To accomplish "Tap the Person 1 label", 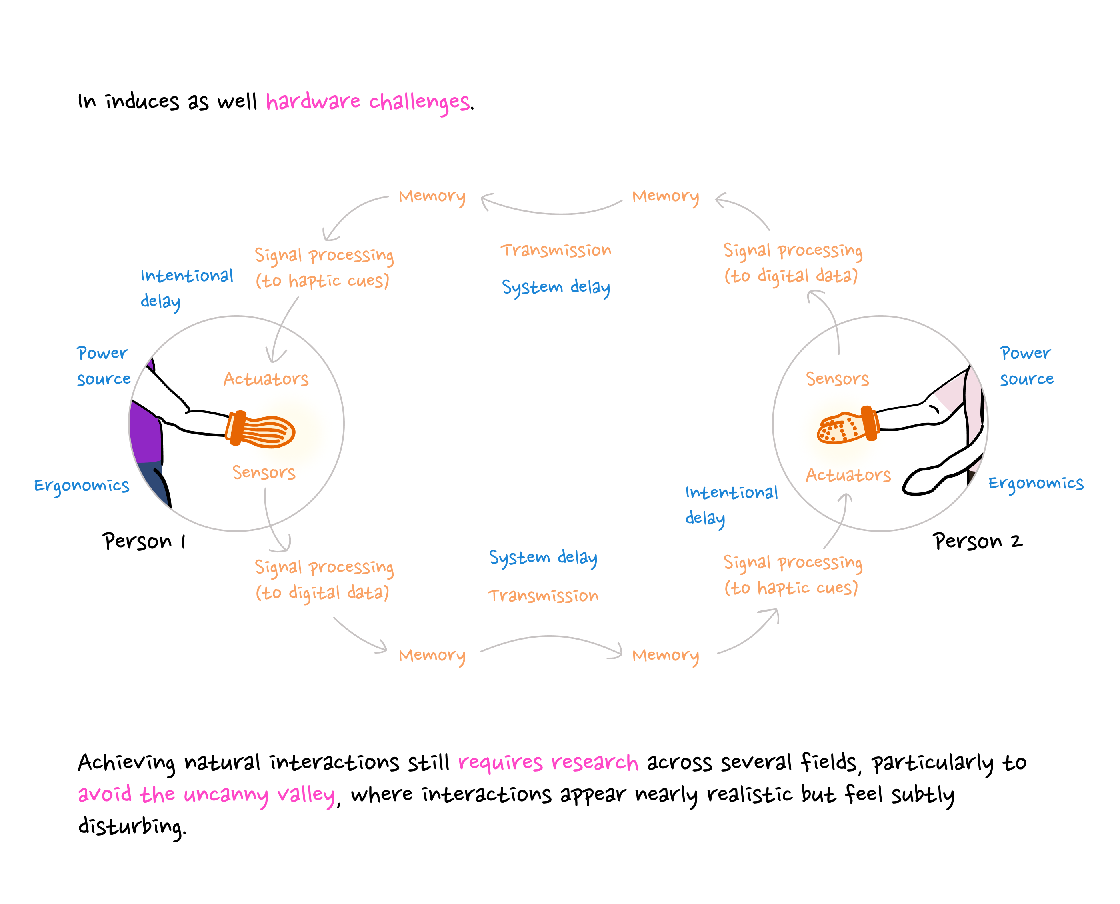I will click(x=144, y=541).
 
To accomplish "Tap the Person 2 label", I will click(x=977, y=541).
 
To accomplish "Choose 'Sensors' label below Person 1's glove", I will click(x=264, y=472).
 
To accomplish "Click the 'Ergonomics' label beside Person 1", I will click(x=82, y=485).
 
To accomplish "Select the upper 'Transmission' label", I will click(x=556, y=250).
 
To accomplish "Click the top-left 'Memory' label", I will click(x=432, y=197).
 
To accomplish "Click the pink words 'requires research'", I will click(x=548, y=763).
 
